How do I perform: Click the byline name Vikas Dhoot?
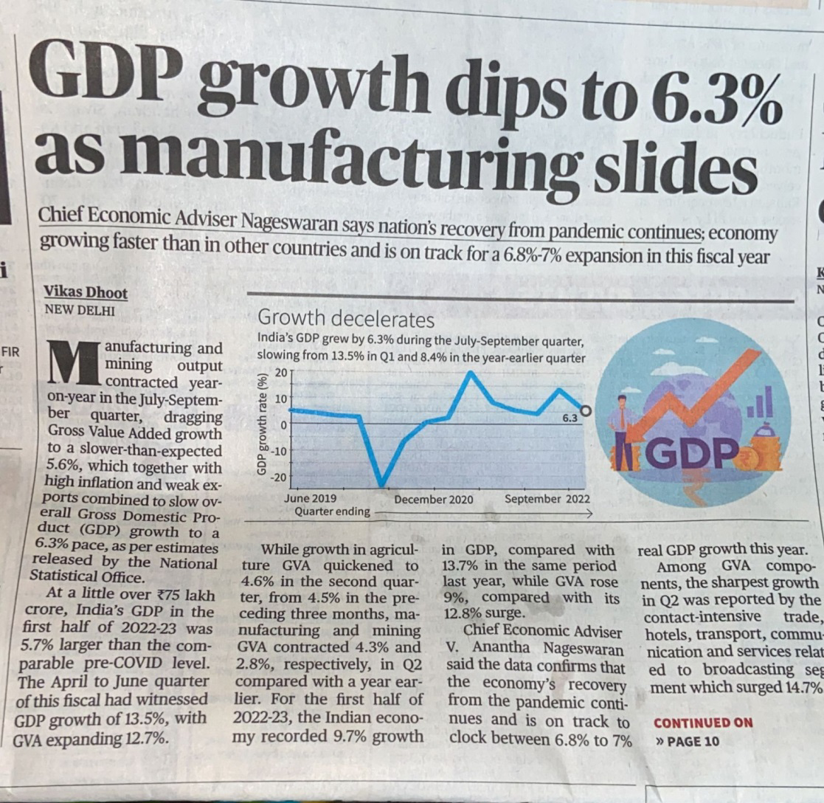[x=86, y=293]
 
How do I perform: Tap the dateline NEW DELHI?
[x=80, y=311]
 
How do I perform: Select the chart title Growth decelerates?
[x=345, y=320]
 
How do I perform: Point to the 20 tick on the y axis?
[x=280, y=373]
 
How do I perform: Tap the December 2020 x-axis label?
[x=433, y=500]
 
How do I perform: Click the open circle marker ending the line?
[x=586, y=411]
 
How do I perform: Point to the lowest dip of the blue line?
[x=381, y=486]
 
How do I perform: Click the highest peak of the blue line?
[x=471, y=372]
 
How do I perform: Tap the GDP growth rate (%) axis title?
[x=260, y=425]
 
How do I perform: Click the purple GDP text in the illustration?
[x=691, y=452]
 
